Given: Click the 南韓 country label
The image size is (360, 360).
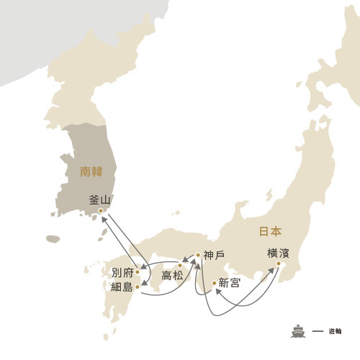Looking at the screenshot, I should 94,173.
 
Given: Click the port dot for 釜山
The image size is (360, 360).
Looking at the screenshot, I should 101,211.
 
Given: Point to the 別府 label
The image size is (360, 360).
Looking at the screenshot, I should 122,273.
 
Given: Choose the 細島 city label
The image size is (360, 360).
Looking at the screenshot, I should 122,287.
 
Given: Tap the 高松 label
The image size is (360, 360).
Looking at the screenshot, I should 173,275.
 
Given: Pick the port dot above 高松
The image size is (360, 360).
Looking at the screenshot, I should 180,266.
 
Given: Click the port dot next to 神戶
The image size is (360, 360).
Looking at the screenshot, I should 198,254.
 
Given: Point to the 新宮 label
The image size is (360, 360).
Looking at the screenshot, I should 230,282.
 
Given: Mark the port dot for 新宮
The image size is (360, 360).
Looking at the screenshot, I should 214,282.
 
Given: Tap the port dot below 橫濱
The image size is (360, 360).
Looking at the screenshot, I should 280,264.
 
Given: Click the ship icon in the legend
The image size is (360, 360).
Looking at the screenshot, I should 298,330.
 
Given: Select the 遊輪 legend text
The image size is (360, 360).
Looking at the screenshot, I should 333,331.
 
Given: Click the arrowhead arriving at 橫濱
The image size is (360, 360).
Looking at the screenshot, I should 277,269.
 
